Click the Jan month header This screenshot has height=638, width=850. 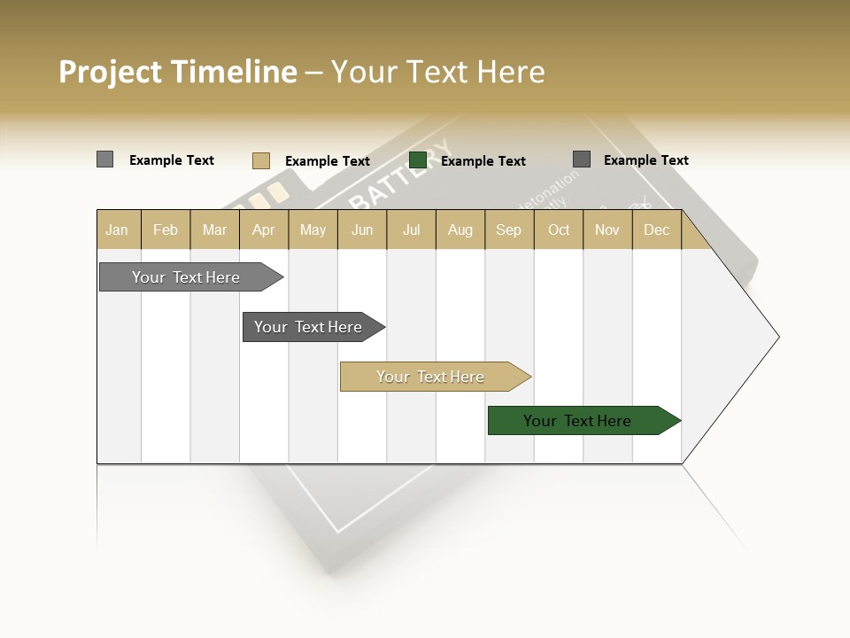(x=117, y=230)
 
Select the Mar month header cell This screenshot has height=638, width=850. (x=214, y=230)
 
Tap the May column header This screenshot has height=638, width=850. (x=313, y=230)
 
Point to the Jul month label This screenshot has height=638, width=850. (x=411, y=230)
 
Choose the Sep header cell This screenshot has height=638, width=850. (x=508, y=230)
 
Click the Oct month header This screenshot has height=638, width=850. (x=559, y=230)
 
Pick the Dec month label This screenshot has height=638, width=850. (x=656, y=230)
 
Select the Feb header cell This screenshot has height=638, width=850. (x=166, y=230)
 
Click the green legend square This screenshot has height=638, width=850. (x=418, y=160)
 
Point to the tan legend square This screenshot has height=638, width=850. (x=260, y=160)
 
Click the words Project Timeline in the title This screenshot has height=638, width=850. (x=177, y=72)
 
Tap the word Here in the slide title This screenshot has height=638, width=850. (x=511, y=72)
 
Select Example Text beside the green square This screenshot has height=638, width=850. (x=483, y=161)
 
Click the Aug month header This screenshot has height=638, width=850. (x=460, y=230)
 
